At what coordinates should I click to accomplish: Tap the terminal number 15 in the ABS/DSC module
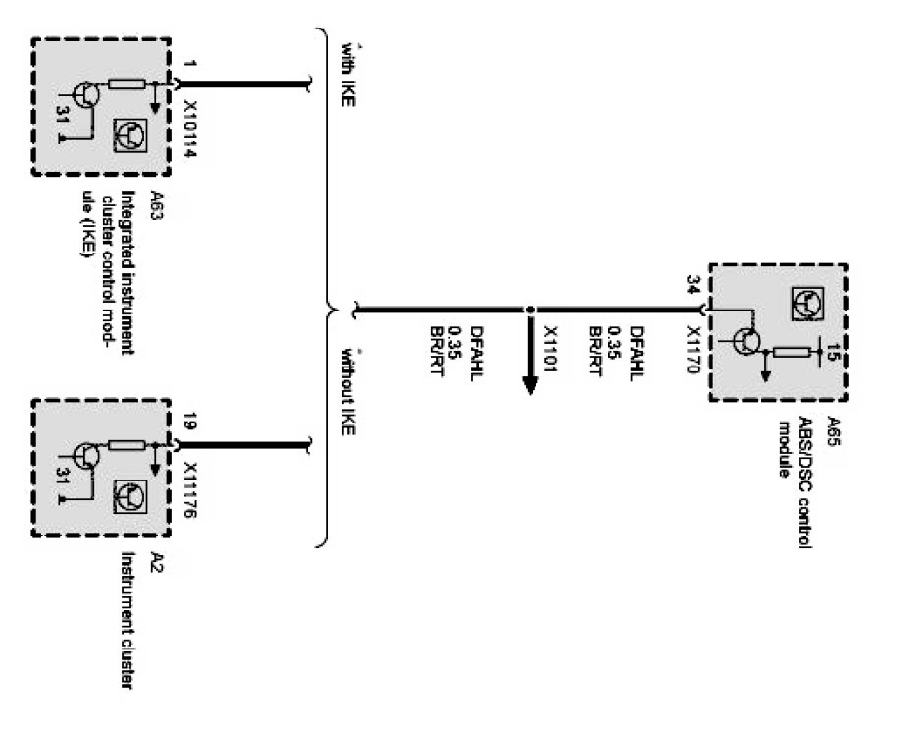coord(834,352)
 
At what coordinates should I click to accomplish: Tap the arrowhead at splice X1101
coord(529,382)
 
